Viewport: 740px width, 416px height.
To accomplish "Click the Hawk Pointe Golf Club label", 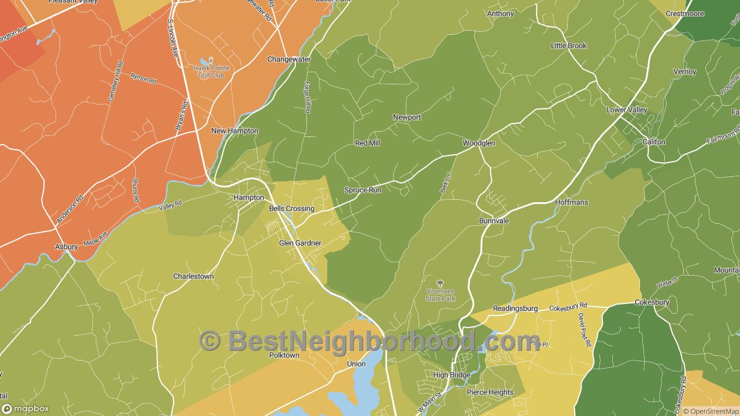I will coord(211,72).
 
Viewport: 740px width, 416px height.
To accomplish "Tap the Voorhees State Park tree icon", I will coord(441,283).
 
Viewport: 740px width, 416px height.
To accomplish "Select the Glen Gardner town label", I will coord(300,243).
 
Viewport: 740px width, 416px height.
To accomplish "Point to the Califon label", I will coord(654,142).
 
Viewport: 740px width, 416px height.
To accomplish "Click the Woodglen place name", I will coord(479,143).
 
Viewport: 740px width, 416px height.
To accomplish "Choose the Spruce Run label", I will coord(362,190).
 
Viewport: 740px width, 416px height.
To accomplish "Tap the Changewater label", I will coord(288,60).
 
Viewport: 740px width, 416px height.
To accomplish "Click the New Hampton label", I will coord(235,131).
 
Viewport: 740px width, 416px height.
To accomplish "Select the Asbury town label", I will coord(66,247).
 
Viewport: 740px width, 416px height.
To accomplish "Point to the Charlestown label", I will coord(194,277).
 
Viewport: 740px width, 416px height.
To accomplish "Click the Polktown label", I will coord(284,355).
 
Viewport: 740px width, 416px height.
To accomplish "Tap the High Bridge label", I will coord(452,375).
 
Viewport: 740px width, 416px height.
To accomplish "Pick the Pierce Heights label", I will coord(490,392).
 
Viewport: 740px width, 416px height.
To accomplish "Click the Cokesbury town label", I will coord(652,302).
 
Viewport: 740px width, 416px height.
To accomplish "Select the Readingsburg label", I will coord(515,309).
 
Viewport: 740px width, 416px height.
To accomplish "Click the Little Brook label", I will coord(568,46).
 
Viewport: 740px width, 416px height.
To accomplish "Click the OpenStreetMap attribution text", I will coord(711,411).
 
